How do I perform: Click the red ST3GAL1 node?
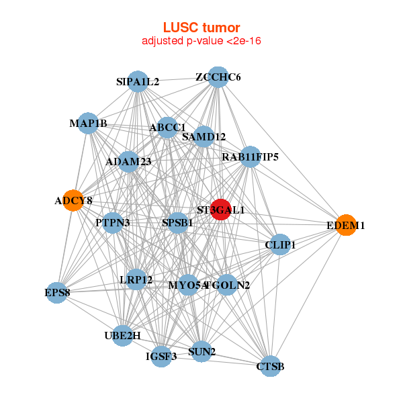pyautogui.click(x=221, y=210)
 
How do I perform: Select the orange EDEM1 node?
pyautogui.click(x=345, y=226)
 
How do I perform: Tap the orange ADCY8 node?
pyautogui.click(x=73, y=200)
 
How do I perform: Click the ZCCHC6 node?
pyautogui.click(x=218, y=77)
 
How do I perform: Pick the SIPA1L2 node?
pyautogui.click(x=138, y=82)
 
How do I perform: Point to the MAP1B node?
pyautogui.click(x=88, y=123)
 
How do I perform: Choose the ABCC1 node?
pyautogui.click(x=167, y=127)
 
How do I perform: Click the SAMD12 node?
pyautogui.click(x=204, y=137)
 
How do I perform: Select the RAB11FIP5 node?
pyautogui.click(x=250, y=157)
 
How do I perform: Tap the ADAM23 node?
pyautogui.click(x=128, y=162)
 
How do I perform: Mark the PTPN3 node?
pyautogui.click(x=113, y=222)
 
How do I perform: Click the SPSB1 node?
pyautogui.click(x=177, y=222)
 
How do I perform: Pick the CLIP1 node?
pyautogui.click(x=280, y=245)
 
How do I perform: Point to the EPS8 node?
pyautogui.click(x=58, y=292)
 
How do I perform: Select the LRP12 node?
pyautogui.click(x=136, y=279)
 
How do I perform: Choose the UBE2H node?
pyautogui.click(x=122, y=335)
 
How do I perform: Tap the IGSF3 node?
pyautogui.click(x=161, y=357)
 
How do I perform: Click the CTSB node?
pyautogui.click(x=270, y=366)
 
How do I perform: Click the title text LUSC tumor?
pyautogui.click(x=201, y=28)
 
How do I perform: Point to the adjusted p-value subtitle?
pyautogui.click(x=201, y=41)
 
